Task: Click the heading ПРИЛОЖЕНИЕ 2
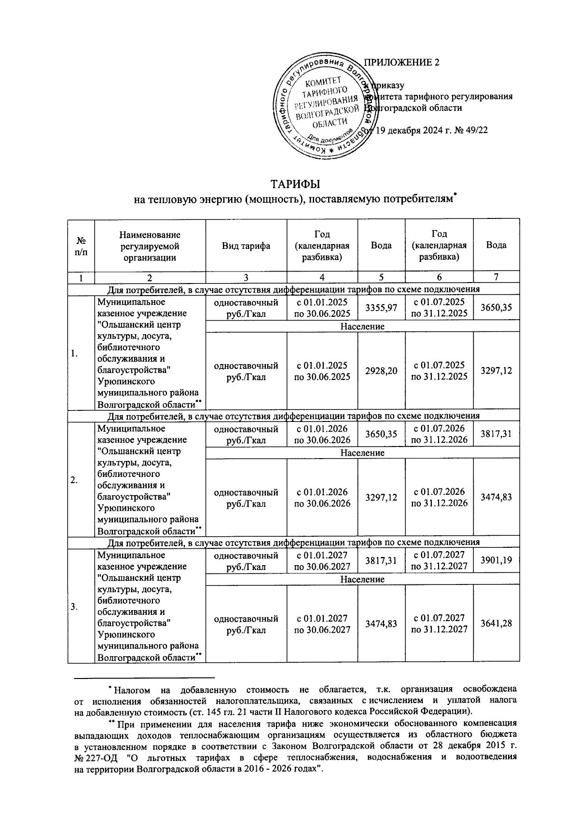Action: pos(401,63)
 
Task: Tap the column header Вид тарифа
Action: pos(246,245)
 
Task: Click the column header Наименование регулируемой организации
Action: pos(150,245)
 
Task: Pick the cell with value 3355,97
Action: pos(381,308)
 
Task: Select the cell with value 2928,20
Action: pos(381,370)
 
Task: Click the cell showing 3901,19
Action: pos(496,561)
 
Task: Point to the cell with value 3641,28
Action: pos(496,624)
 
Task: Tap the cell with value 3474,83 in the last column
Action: pos(496,497)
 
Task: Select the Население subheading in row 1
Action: pos(362,326)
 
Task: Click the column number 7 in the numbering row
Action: pos(496,277)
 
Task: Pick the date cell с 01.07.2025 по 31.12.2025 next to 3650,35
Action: pos(439,308)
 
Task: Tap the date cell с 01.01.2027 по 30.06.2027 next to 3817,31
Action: pos(322,561)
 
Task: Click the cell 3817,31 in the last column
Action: pos(496,434)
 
